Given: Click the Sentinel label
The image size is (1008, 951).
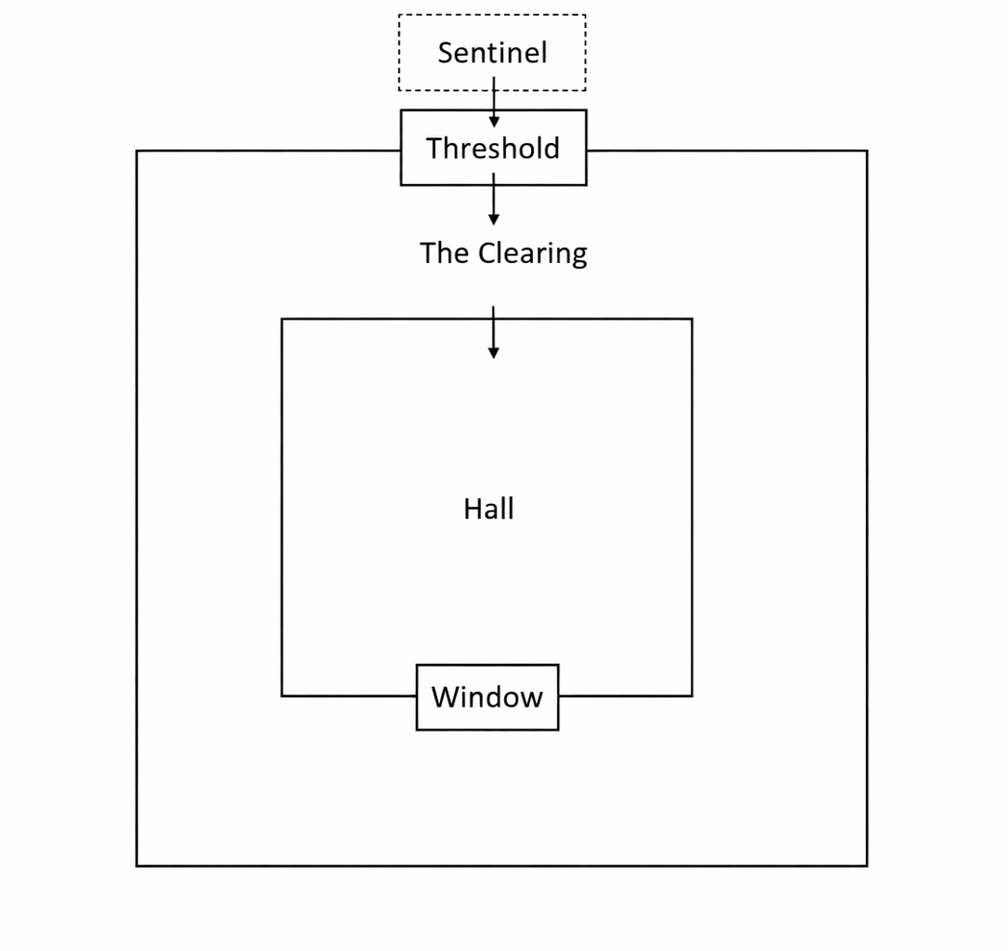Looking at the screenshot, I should (491, 52).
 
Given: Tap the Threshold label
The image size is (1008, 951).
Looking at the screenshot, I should (492, 148).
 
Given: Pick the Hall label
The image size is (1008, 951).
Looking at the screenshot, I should (489, 509).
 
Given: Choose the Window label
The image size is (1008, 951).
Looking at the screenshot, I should (487, 697).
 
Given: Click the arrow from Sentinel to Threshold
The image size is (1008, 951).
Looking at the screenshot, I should (493, 102).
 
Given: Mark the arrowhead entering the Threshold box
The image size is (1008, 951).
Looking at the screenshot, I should (493, 122).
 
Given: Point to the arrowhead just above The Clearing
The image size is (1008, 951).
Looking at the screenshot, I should (493, 220).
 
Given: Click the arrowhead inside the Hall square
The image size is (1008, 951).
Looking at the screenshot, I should (493, 353).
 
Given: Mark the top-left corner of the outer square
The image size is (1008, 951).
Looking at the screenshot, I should (136, 151).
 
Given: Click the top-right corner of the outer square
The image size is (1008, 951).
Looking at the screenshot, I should (867, 151).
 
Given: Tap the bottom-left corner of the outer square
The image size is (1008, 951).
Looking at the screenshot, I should (136, 865).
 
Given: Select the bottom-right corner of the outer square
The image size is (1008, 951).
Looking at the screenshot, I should (867, 865).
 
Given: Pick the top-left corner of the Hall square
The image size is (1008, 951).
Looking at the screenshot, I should (282, 319).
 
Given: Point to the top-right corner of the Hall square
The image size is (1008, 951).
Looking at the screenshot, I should (692, 319).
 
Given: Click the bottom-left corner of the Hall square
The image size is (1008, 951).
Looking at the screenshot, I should (282, 696).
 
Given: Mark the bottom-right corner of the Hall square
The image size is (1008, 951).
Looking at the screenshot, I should (692, 696).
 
